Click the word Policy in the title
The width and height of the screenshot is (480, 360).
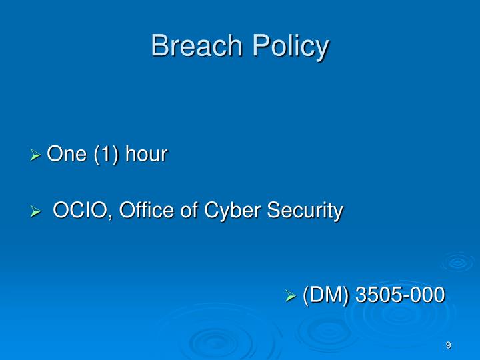[x=289, y=47]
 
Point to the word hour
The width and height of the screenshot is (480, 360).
[x=147, y=155]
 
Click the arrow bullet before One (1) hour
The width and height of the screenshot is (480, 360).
[x=37, y=156]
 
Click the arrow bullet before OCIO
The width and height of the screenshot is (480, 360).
[x=37, y=212]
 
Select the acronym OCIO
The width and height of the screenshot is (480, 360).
[x=75, y=211]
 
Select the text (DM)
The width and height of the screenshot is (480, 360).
[x=326, y=295]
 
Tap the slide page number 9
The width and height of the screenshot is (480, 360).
[x=449, y=345]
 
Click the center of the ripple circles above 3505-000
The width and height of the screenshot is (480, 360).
[x=457, y=262]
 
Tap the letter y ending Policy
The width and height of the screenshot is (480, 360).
[x=323, y=49]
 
